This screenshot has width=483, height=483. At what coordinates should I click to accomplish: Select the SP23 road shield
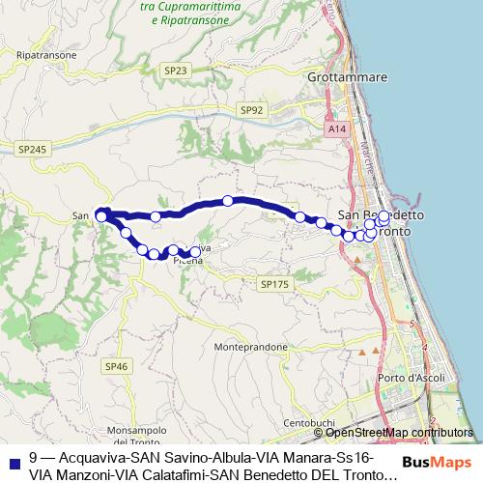tap(175, 70)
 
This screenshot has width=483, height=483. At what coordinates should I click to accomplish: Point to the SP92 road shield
tap(253, 111)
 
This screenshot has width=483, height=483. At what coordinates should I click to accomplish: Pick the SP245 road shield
tap(31, 149)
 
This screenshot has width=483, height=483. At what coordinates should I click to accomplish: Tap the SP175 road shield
tap(274, 284)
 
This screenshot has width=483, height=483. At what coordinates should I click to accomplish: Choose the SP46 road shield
tap(117, 366)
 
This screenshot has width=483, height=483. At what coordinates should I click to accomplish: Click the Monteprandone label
tap(250, 346)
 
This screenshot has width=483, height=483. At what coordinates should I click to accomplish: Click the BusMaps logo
tap(436, 462)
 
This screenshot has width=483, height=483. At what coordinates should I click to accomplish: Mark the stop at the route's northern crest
tap(228, 201)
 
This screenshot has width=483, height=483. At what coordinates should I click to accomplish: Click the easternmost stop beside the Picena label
tap(196, 252)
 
